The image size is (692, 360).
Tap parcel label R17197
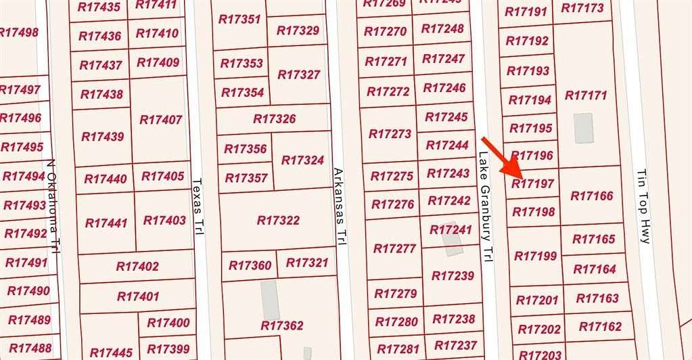(533, 183)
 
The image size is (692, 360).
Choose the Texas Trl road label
(197, 206)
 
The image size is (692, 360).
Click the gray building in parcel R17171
(583, 128)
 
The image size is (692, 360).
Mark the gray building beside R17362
(270, 299)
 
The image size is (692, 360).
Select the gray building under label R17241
(452, 243)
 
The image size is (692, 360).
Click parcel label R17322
(278, 221)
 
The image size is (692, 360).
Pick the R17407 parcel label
(160, 119)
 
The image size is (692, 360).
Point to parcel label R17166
(592, 196)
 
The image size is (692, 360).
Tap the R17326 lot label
(274, 119)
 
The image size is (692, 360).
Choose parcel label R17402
(137, 267)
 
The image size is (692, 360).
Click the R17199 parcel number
(536, 256)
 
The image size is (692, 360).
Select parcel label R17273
(390, 134)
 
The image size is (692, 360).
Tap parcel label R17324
(302, 160)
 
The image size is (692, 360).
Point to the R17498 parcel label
(19, 32)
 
